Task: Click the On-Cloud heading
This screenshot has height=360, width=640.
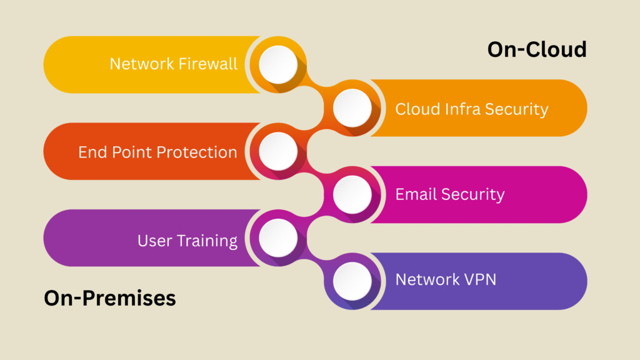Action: [x=537, y=49]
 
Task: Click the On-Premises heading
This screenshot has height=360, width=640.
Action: [x=110, y=298]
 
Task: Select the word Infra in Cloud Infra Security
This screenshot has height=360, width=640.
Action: [x=463, y=109]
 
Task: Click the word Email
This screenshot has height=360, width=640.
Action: [x=416, y=194]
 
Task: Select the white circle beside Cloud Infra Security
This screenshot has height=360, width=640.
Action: [x=352, y=108]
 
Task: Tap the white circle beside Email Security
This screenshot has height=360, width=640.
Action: [x=352, y=194]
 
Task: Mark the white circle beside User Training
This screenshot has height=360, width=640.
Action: [x=278, y=237]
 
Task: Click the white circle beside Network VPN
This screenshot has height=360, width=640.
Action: [x=352, y=281]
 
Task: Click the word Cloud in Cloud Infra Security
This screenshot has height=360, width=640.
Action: [x=417, y=109]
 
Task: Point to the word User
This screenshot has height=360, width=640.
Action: [x=151, y=241]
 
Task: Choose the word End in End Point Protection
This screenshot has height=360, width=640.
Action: [x=91, y=152]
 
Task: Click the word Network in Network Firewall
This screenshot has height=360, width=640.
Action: [x=137, y=64]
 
